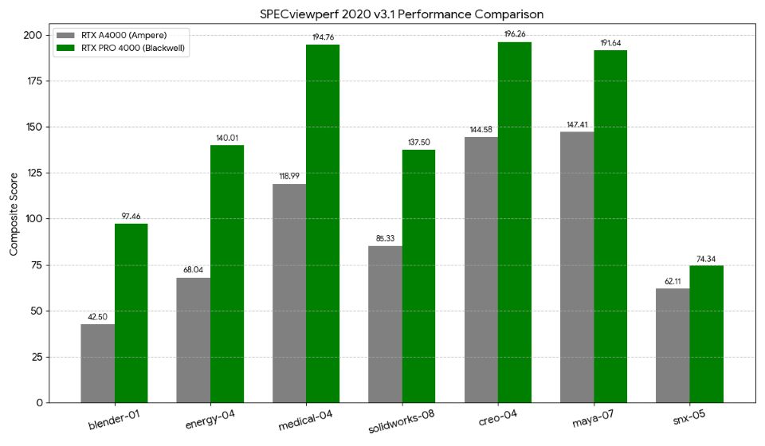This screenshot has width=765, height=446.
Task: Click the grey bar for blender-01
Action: click(97, 363)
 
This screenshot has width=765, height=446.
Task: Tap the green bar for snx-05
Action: click(706, 334)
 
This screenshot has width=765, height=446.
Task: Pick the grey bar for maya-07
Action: click(577, 267)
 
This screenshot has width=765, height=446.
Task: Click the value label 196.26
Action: click(515, 34)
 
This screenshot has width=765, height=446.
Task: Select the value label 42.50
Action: click(97, 317)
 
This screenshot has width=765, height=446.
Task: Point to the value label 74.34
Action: click(706, 259)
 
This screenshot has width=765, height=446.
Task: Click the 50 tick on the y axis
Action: click(37, 311)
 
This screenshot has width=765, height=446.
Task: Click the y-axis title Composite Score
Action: click(14, 218)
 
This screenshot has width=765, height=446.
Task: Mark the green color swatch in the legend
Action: click(66, 49)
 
